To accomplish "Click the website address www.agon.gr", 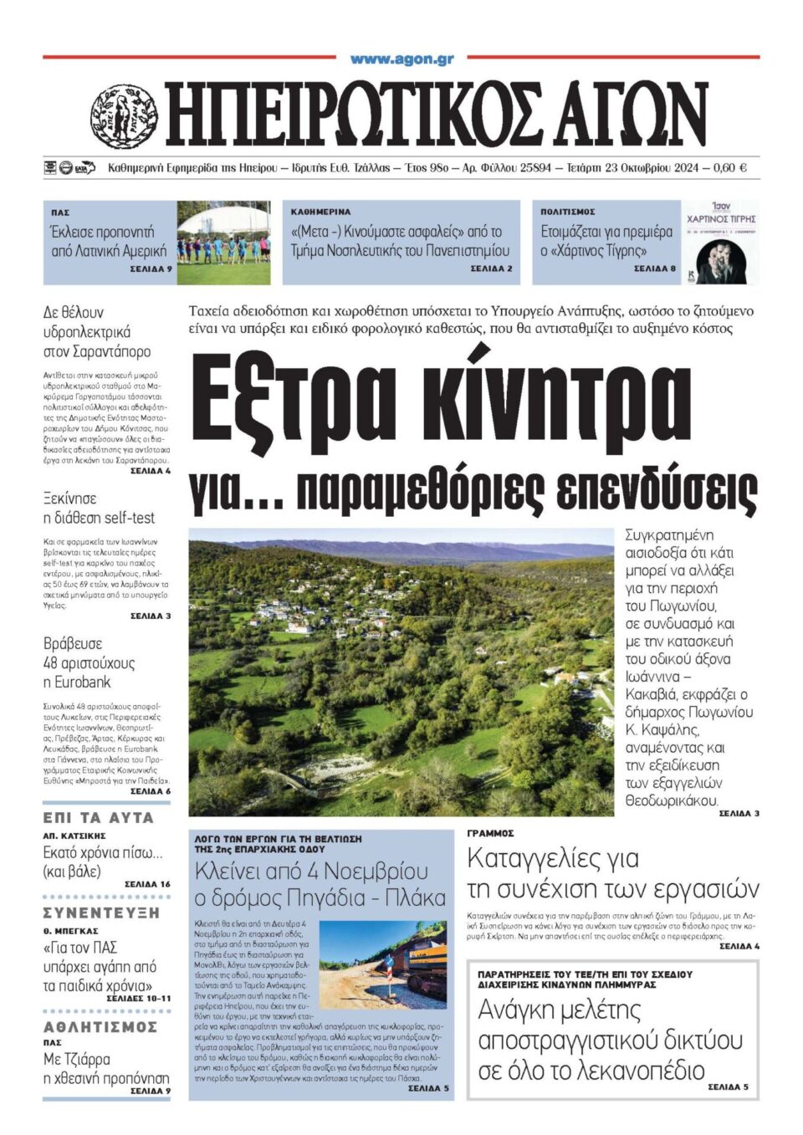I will tap(401, 59).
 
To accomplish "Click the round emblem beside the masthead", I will tap(124, 115).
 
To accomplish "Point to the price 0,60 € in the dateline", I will tap(729, 168).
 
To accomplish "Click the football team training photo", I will tap(223, 242).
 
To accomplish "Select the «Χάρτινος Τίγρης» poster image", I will tap(719, 242).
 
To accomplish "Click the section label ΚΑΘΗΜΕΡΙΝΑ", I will tap(321, 212).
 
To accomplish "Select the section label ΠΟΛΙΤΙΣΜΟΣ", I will tap(568, 212).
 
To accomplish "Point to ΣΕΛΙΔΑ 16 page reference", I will tap(147, 884).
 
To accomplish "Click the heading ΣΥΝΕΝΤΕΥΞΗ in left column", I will tap(101, 913).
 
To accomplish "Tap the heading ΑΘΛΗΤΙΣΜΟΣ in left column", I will tap(100, 1026).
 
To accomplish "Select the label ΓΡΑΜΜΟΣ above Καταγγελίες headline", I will tap(490, 833).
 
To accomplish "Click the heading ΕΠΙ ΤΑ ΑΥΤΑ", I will tap(99, 817).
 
